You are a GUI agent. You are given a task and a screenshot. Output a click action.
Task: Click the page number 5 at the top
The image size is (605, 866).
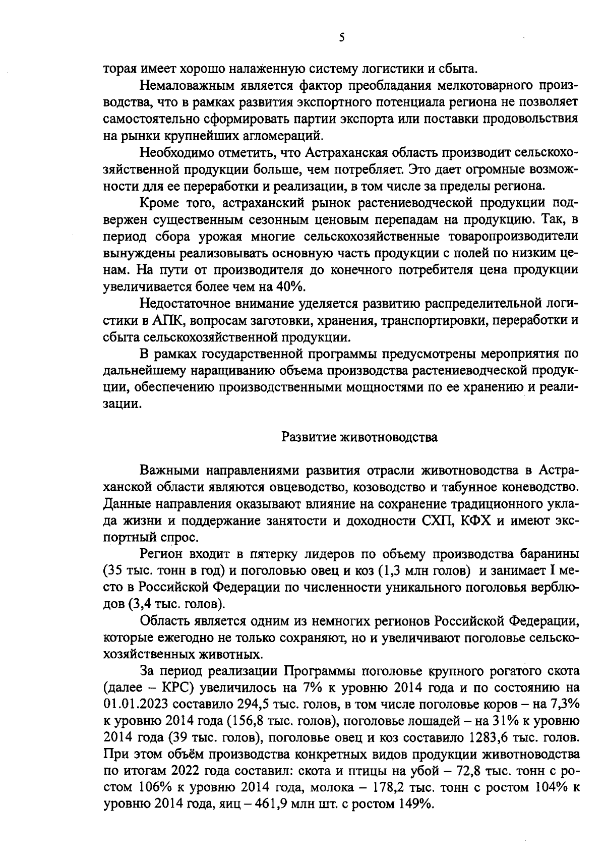341,38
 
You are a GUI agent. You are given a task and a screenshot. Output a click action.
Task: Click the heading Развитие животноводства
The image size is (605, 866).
359,437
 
